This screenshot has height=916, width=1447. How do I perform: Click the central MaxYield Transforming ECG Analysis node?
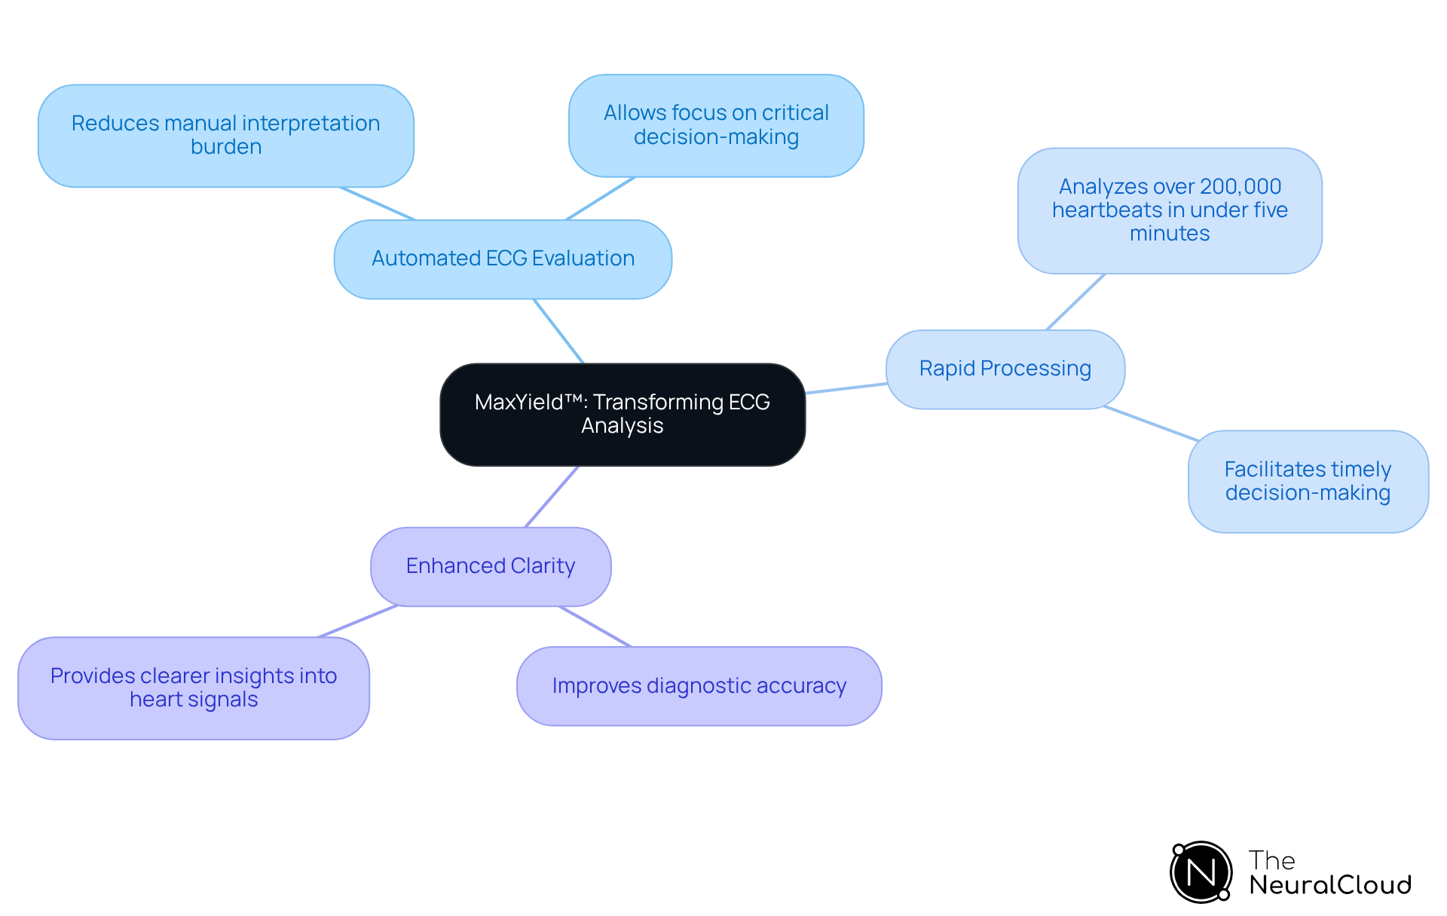point(623,414)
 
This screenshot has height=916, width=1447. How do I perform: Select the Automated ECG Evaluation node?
point(503,259)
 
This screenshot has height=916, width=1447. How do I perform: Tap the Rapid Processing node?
point(1005,369)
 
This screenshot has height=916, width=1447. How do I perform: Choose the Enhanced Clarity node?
point(491,566)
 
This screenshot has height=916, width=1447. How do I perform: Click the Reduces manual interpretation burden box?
point(225,135)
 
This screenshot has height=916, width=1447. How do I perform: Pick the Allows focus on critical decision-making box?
point(716,125)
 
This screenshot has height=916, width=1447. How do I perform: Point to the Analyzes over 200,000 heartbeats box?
point(1170,210)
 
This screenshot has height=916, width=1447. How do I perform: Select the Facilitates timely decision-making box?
point(1308,481)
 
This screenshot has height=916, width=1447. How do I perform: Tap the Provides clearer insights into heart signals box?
point(194,688)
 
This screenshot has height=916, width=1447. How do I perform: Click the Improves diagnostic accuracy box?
point(699,686)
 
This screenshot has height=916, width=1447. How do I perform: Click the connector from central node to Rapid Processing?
point(846,388)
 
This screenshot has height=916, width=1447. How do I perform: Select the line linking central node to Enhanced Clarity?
point(552,497)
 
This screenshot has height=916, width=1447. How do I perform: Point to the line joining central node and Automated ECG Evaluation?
point(558,331)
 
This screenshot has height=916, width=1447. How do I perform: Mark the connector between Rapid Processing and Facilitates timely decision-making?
point(1151,424)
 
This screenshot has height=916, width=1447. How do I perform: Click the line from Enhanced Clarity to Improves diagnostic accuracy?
point(595,626)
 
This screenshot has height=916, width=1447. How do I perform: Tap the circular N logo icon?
point(1201,872)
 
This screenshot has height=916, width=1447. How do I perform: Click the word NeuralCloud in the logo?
point(1329,885)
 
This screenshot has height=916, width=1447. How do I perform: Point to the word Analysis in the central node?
point(623,426)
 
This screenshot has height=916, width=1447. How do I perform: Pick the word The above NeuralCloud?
point(1271,860)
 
